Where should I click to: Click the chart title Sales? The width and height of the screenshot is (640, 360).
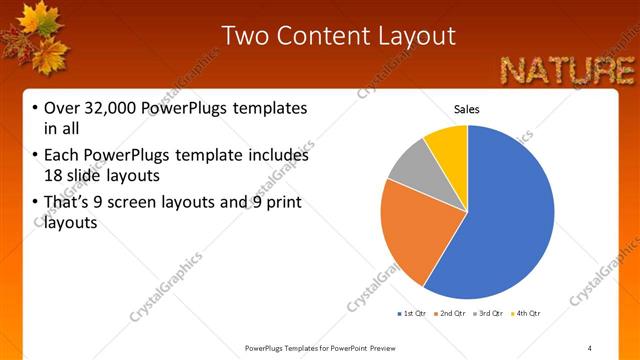click(x=467, y=108)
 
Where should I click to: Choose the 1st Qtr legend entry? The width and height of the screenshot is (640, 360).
click(x=412, y=314)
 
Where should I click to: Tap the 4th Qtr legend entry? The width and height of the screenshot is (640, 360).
click(x=528, y=314)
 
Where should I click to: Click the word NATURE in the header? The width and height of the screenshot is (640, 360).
click(x=567, y=70)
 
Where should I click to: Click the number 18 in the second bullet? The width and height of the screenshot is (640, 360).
click(x=52, y=175)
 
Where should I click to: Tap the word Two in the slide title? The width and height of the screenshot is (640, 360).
click(x=242, y=36)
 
